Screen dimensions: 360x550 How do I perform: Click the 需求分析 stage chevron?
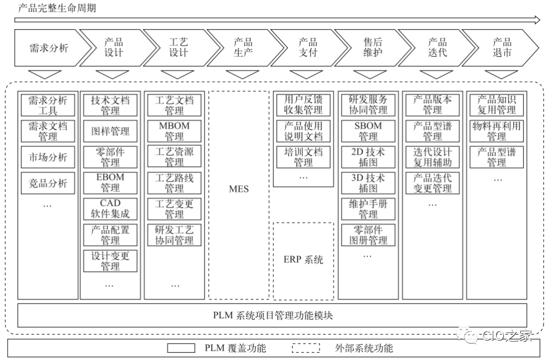pos(48,48)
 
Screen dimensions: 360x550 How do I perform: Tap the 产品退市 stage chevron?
pos(502,48)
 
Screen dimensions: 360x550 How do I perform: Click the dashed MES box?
pos(239,189)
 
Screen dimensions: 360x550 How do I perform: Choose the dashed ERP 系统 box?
pos(303,260)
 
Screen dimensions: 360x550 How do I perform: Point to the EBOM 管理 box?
pos(110,183)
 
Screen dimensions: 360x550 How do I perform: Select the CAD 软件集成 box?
pos(110,209)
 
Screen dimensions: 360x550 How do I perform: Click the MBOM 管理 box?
pos(174,131)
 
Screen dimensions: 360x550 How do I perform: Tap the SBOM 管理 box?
pos(368,131)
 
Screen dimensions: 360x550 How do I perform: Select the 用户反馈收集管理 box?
pos(303,105)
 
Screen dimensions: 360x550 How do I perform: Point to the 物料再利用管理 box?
pos(497,131)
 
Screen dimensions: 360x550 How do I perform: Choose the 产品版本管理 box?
pos(432,105)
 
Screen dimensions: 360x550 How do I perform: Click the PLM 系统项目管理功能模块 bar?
pos(272,315)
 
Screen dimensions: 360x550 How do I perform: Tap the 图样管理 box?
pos(110,131)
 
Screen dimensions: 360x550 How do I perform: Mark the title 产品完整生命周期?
pos(53,8)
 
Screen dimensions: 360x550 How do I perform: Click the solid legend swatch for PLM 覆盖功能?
pos(180,348)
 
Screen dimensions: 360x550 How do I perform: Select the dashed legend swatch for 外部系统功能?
pos(306,348)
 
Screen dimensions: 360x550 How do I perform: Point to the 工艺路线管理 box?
pos(174,183)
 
